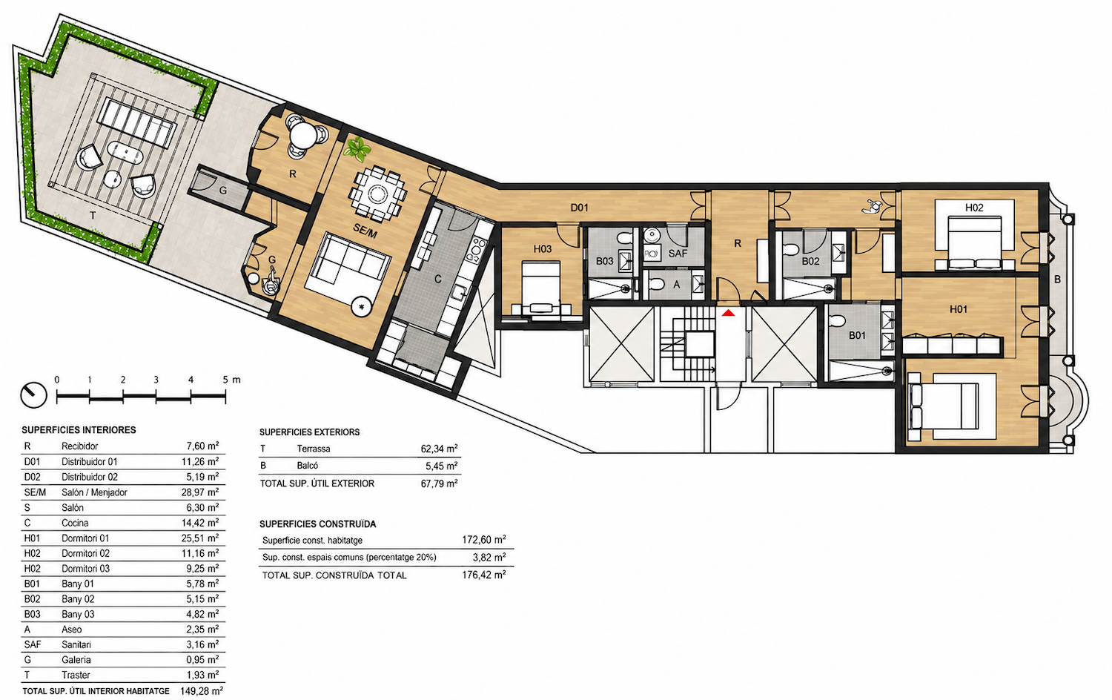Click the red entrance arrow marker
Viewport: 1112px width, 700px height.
pos(728,313)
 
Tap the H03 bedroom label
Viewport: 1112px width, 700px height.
pos(542,248)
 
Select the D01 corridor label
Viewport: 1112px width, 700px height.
pos(579,208)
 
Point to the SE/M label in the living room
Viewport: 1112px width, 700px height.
pos(365,231)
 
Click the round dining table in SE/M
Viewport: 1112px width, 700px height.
pos(377,194)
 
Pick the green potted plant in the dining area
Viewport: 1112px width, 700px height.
pos(357,149)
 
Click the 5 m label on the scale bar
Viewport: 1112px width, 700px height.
pos(231,380)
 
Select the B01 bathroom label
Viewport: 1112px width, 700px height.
pos(857,336)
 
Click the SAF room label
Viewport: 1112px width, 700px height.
pos(678,254)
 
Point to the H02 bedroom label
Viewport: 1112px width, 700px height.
pos(974,208)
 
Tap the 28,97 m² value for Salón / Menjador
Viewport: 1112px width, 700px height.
pos(200,492)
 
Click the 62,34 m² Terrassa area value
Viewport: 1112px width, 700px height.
pos(440,449)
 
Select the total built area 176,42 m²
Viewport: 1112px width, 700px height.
pos(484,575)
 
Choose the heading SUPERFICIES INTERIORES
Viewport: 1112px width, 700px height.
pos(79,430)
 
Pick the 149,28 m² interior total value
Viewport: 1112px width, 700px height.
pos(202,690)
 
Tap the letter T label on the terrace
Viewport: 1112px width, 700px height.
pos(93,216)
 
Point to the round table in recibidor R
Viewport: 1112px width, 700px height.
pos(302,135)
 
